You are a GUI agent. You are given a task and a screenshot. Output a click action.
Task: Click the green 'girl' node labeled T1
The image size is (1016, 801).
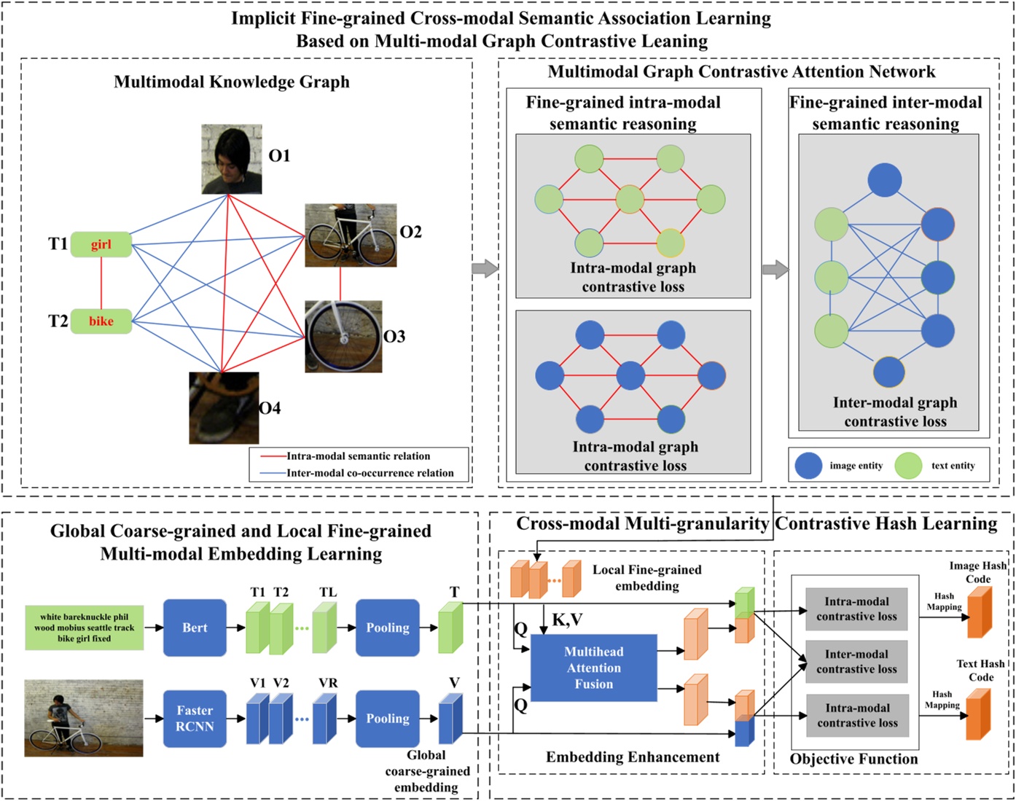pyautogui.click(x=101, y=244)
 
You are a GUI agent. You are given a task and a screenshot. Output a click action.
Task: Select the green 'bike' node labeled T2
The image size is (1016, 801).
pyautogui.click(x=101, y=321)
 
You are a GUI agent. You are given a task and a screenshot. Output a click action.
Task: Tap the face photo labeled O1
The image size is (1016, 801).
pyautogui.click(x=231, y=159)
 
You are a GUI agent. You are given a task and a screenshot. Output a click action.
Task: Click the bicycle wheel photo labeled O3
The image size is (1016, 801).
pyautogui.click(x=343, y=337)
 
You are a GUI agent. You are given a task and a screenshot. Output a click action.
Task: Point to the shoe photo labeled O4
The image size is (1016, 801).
pyautogui.click(x=224, y=408)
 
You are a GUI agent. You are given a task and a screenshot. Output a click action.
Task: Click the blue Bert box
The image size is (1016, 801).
pyautogui.click(x=195, y=628)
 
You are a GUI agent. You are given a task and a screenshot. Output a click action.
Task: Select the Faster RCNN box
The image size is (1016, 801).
pyautogui.click(x=195, y=718)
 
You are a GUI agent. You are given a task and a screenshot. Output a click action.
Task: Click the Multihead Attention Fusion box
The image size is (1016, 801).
pyautogui.click(x=593, y=668)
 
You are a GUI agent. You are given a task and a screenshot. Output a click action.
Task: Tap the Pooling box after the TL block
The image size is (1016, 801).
pyautogui.click(x=387, y=628)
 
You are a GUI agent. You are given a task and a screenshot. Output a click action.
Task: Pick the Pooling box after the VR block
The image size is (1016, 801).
pyautogui.click(x=387, y=718)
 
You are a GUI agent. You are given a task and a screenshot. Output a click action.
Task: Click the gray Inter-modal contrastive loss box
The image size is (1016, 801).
pyautogui.click(x=856, y=662)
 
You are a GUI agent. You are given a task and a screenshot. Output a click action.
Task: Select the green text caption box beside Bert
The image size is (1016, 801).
pyautogui.click(x=84, y=628)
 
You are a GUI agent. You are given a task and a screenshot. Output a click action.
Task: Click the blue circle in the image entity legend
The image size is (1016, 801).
pyautogui.click(x=808, y=466)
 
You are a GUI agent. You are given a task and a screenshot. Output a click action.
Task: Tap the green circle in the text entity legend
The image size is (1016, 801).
pyautogui.click(x=908, y=466)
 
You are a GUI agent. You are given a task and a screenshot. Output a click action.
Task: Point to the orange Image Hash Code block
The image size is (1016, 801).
pyautogui.click(x=980, y=612)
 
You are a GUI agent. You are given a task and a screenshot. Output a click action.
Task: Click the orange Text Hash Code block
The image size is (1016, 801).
pyautogui.click(x=978, y=714)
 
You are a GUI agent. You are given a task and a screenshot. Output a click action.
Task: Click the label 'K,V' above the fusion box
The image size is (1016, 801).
pyautogui.click(x=566, y=620)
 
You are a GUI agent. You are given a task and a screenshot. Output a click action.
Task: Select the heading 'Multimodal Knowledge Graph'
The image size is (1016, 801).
pyautogui.click(x=232, y=82)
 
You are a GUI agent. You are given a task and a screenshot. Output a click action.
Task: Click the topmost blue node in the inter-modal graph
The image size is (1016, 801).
pyautogui.click(x=885, y=180)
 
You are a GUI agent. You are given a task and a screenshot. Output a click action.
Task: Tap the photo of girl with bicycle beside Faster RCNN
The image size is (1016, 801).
pyautogui.click(x=84, y=718)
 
